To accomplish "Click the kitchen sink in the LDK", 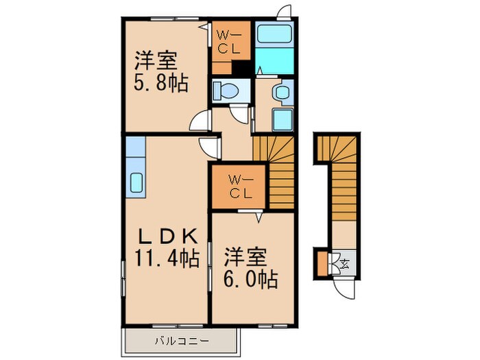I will (x=135, y=184).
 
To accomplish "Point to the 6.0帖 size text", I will (x=250, y=280).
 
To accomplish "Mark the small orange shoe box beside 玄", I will (x=322, y=262).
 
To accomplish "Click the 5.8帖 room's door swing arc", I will (x=200, y=121).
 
